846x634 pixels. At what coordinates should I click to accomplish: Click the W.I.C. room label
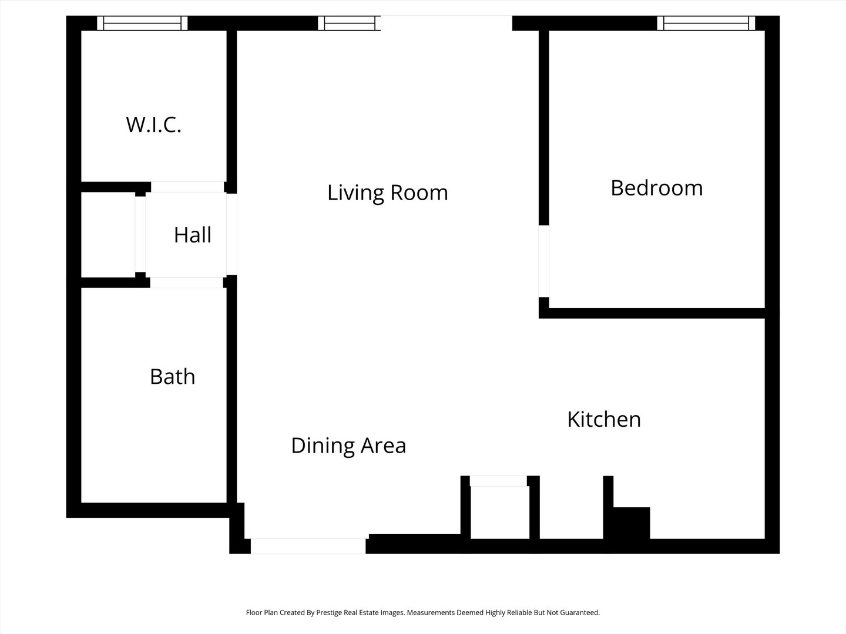[153, 125]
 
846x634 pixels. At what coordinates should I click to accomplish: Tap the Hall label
[192, 235]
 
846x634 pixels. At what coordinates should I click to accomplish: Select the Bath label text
[172, 376]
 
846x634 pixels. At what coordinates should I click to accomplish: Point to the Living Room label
[387, 193]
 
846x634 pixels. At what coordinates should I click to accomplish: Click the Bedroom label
[656, 188]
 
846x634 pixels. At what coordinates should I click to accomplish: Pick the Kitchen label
[603, 419]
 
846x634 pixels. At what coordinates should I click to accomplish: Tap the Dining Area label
[348, 446]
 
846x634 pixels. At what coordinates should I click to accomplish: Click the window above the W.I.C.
[142, 23]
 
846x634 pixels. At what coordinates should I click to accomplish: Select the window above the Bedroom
[706, 23]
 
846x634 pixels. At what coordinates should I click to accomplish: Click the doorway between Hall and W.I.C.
[187, 187]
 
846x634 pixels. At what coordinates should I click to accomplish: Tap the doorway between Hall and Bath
[187, 282]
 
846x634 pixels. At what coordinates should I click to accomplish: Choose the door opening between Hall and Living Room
[231, 234]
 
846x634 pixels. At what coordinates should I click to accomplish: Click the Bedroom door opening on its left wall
[544, 261]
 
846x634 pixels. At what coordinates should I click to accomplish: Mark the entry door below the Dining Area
[308, 546]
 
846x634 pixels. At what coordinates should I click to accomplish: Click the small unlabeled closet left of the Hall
[108, 235]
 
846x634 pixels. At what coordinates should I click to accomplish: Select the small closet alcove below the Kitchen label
[499, 511]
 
